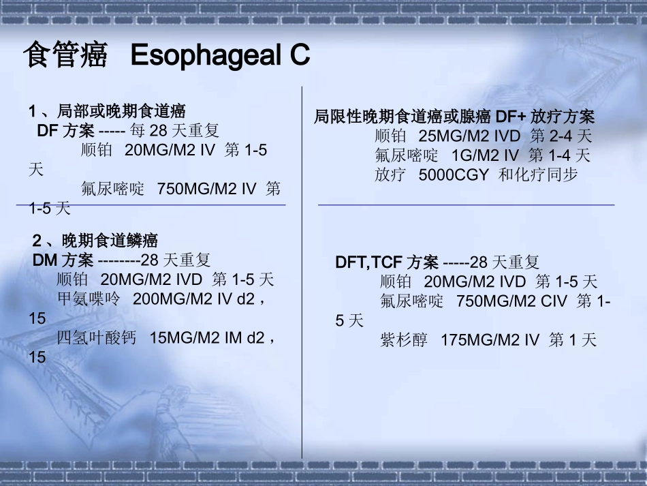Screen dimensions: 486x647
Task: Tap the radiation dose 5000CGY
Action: coord(454,174)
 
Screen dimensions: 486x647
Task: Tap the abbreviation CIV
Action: coord(552,301)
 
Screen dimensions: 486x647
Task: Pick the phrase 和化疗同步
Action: coord(538,174)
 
